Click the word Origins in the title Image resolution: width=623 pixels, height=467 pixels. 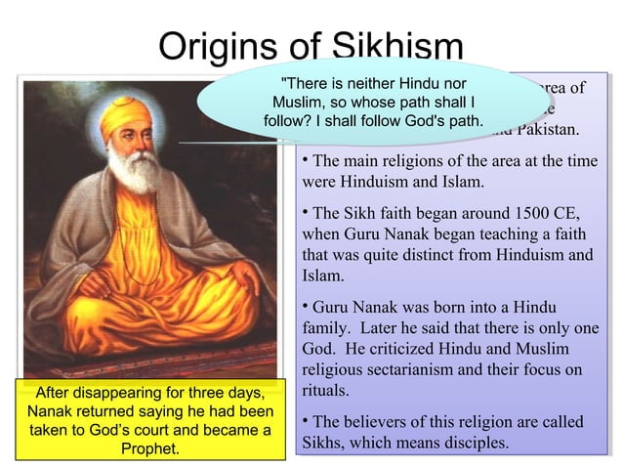[x=213, y=48]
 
